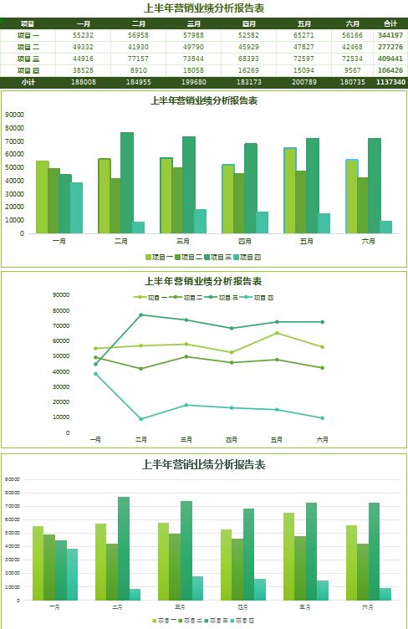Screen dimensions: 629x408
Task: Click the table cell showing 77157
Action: point(139,59)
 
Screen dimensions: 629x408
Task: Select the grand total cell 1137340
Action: point(390,82)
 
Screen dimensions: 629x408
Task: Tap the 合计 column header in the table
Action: point(390,24)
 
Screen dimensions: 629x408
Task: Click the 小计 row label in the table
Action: point(28,82)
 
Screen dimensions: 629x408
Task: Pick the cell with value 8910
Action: point(139,70)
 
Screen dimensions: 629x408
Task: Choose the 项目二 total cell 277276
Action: point(390,47)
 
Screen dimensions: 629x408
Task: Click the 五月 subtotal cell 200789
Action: point(304,82)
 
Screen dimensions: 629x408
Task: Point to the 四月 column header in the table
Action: point(248,24)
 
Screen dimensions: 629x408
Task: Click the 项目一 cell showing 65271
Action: point(304,36)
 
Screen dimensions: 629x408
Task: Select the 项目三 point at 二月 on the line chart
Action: point(140,314)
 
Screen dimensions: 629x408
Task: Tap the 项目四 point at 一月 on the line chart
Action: point(95,374)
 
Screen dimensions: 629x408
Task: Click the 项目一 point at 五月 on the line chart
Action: point(277,333)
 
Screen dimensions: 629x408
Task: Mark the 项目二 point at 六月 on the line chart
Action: point(322,368)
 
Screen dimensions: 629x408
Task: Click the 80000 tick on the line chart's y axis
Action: point(61,310)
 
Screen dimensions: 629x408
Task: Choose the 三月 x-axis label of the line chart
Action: point(186,439)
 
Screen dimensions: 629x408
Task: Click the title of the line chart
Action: point(203,281)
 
